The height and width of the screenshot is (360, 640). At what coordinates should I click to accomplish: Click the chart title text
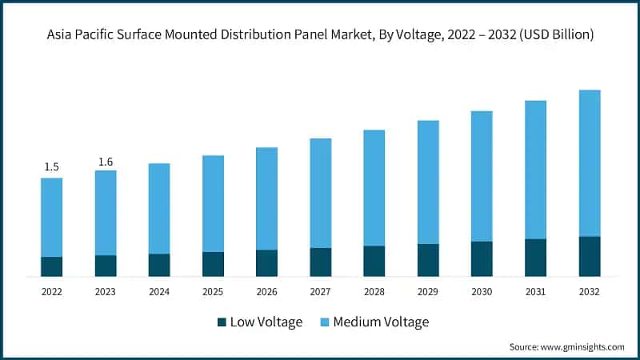tap(320, 34)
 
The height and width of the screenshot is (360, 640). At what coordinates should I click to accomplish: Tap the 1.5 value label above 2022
tap(51, 166)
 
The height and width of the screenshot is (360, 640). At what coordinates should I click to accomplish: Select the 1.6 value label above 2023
tap(105, 162)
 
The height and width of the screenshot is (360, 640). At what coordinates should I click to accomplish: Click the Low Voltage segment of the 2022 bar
tap(51, 266)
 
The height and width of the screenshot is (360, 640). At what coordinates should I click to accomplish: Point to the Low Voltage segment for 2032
tap(590, 256)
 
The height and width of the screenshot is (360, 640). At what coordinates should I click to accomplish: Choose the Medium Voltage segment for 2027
tap(320, 193)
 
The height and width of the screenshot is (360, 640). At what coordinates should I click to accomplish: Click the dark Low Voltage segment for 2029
tap(428, 260)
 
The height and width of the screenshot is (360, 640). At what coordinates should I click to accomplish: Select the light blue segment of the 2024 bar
tap(159, 208)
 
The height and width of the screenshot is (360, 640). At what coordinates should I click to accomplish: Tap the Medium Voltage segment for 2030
tap(482, 176)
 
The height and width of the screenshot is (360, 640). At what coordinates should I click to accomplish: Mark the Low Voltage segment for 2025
tap(213, 264)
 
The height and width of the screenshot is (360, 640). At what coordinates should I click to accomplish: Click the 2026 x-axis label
tap(266, 293)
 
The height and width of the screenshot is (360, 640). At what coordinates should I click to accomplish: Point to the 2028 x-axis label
tap(374, 293)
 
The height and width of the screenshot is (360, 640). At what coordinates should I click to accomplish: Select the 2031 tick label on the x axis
tap(535, 293)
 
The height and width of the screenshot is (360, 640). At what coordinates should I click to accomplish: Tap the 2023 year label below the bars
tap(105, 293)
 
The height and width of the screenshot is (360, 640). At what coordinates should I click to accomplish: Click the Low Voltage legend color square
tap(222, 322)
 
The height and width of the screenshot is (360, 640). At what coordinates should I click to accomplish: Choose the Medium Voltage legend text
tap(381, 322)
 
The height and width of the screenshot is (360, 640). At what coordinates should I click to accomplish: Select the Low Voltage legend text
tap(266, 322)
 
